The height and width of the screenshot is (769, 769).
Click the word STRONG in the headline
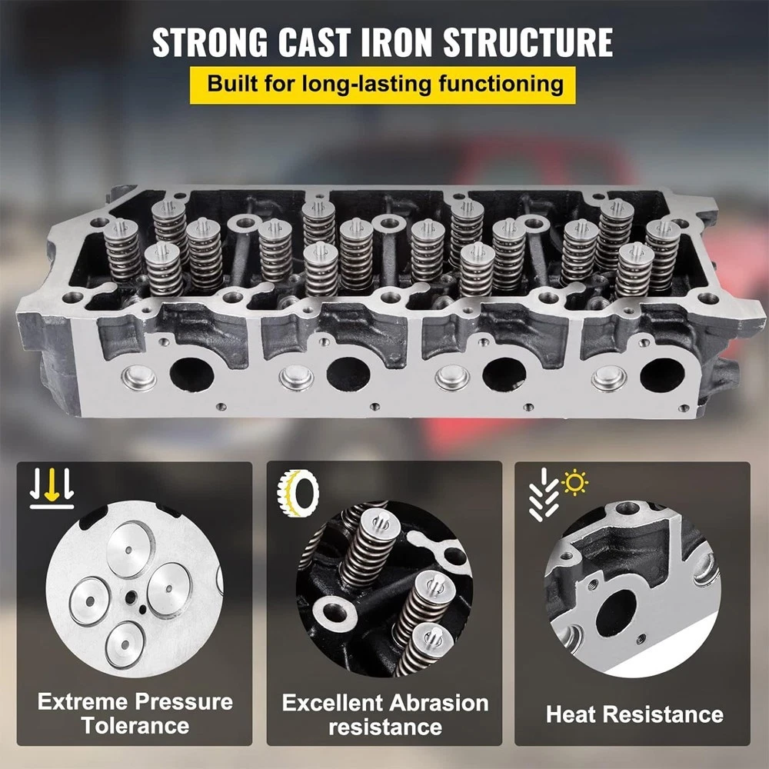click(x=210, y=42)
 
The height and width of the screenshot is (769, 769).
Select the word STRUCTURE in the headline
click(x=528, y=42)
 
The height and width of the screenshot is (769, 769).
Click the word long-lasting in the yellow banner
click(x=366, y=84)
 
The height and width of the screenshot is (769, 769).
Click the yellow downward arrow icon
click(x=52, y=484)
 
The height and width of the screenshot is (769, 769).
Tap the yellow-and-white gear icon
click(x=298, y=492)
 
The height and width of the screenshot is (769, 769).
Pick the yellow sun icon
click(x=574, y=482)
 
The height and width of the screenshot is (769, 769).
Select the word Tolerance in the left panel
click(x=135, y=726)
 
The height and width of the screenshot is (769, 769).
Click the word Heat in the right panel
click(x=571, y=714)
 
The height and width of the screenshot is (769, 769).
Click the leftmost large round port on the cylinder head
click(x=191, y=375)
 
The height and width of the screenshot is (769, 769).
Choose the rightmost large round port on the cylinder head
click(x=662, y=375)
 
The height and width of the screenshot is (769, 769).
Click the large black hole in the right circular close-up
click(x=616, y=613)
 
